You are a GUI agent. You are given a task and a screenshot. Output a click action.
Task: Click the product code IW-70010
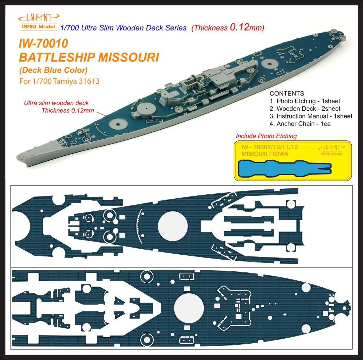click(x=40, y=44)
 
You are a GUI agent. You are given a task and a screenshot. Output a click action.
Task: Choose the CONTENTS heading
click(x=287, y=94)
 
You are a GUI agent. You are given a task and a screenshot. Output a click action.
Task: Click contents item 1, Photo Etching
click(x=305, y=101)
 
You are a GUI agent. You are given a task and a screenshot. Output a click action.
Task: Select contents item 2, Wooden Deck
click(x=305, y=109)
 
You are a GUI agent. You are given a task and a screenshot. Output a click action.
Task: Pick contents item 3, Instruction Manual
click(x=311, y=116)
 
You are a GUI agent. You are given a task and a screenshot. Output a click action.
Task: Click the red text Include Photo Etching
click(x=266, y=136)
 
